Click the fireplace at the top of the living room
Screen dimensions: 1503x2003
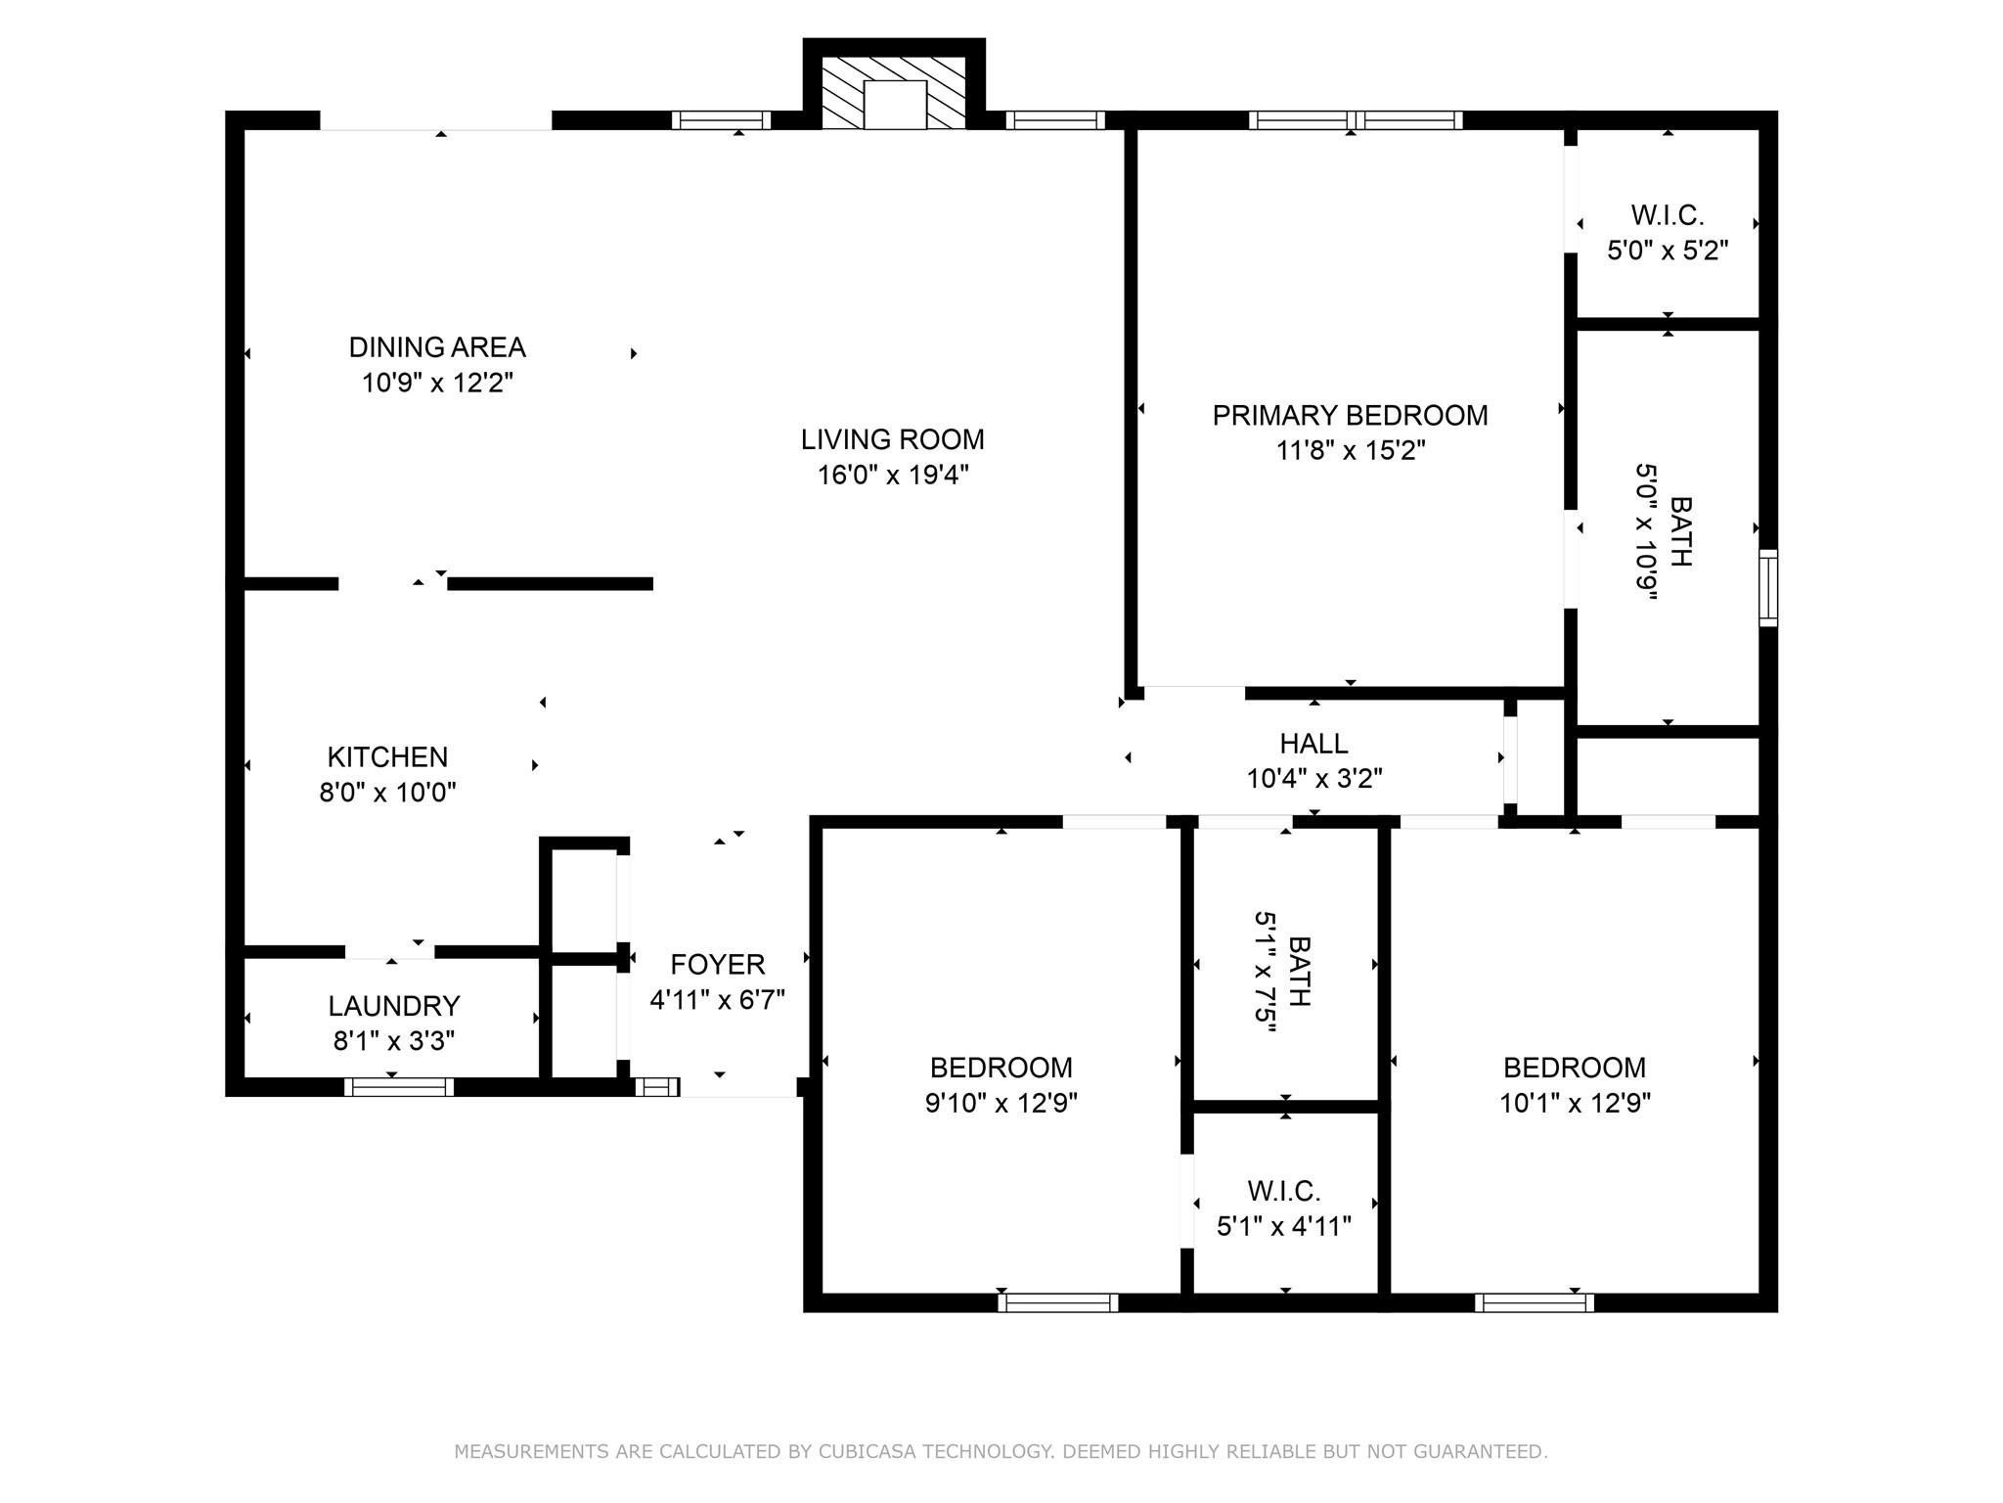tap(894, 94)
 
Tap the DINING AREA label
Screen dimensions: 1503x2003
tap(437, 347)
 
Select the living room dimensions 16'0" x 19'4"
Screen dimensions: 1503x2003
tap(893, 475)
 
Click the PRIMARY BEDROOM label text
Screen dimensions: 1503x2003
tap(1350, 416)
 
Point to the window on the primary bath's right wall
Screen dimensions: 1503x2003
tap(1767, 587)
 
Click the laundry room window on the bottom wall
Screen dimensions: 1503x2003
tap(399, 1086)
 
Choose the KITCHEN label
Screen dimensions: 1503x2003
tap(387, 756)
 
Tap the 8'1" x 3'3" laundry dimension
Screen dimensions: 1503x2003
tap(393, 1041)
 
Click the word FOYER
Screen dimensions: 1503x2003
tap(717, 965)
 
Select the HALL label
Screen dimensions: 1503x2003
tap(1313, 744)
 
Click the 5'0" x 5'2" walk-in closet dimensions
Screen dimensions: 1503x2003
tap(1668, 250)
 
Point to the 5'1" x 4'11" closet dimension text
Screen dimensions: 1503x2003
tap(1283, 1226)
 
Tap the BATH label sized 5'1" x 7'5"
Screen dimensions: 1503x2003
tap(1299, 971)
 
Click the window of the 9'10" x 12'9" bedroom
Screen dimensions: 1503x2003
tap(1057, 1302)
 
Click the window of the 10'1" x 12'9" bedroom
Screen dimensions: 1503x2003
tap(1534, 1302)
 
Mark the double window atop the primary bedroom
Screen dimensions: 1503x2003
tap(1355, 120)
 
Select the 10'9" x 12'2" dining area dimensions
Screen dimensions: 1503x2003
tap(437, 383)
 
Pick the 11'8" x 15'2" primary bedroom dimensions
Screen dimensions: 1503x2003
tap(1350, 451)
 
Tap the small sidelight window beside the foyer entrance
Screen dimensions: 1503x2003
tap(657, 1086)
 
